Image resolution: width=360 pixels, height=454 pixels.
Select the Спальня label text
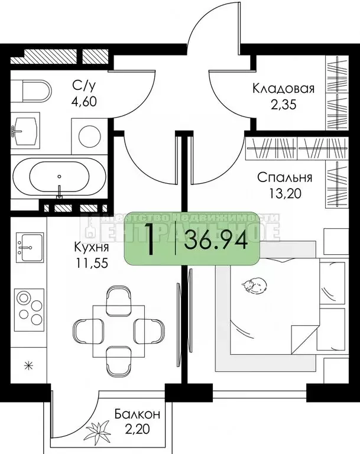284,177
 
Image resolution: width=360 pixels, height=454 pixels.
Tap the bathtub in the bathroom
59,176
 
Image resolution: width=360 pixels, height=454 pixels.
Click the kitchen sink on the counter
27,244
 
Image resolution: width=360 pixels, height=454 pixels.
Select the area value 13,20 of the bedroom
284,196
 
